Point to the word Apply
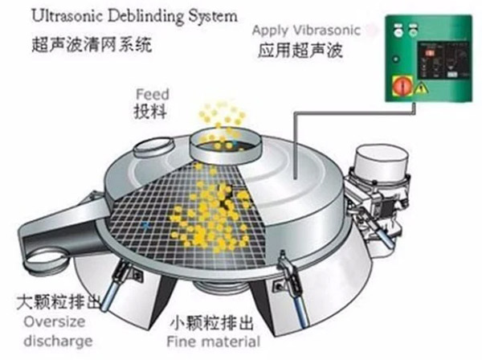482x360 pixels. tap(270, 30)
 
